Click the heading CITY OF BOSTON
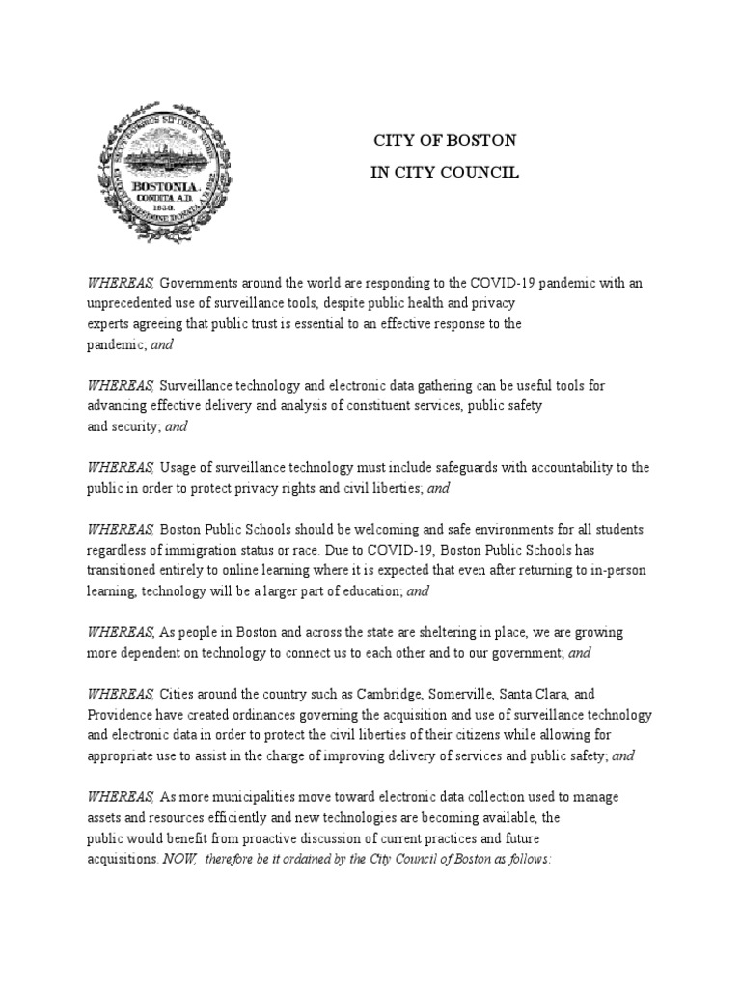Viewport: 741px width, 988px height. pyautogui.click(x=446, y=140)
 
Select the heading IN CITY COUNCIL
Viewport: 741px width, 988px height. pyautogui.click(x=446, y=173)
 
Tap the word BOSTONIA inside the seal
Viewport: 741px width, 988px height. pyautogui.click(x=165, y=184)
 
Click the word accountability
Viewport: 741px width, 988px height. pyautogui.click(x=558, y=468)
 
